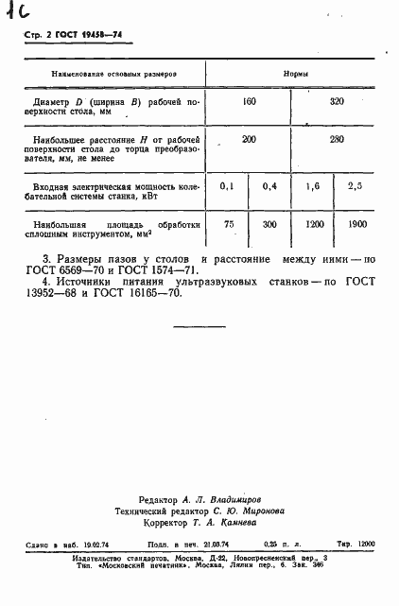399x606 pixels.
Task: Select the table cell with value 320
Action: point(335,100)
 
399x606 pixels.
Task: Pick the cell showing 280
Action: point(335,140)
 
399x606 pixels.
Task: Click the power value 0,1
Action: point(227,186)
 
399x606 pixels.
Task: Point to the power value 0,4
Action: point(269,186)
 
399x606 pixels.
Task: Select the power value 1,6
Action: point(313,186)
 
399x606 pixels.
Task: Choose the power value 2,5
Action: point(356,186)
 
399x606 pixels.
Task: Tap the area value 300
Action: point(269,225)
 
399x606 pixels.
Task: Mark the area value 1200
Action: point(313,225)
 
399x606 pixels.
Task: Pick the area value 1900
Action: point(356,225)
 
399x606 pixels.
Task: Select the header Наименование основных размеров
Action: point(115,73)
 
